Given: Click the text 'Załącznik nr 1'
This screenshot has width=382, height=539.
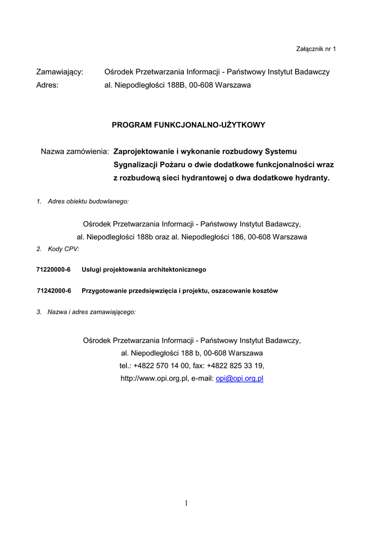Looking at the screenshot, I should click(x=317, y=49).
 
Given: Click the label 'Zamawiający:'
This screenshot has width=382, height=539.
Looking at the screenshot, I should click(x=60, y=72).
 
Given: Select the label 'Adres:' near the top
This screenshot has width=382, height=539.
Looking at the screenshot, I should click(x=47, y=85).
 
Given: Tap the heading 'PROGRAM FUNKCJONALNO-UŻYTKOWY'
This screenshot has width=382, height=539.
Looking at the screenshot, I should click(x=188, y=125).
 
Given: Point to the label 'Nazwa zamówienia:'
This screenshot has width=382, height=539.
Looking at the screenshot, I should click(x=75, y=152).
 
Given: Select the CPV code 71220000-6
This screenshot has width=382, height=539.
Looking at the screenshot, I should click(x=53, y=269).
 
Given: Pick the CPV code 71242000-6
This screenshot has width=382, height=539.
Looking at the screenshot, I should click(x=54, y=291).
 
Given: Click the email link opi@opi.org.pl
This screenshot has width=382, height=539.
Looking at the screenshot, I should click(x=240, y=378).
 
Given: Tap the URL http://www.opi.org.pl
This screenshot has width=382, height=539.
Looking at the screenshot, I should click(x=154, y=378).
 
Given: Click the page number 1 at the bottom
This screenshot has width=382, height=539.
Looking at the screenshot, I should click(x=187, y=504).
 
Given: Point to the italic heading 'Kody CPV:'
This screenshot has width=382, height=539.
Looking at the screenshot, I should click(x=63, y=249).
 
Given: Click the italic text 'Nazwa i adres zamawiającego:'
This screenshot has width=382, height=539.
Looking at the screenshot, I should click(x=92, y=312).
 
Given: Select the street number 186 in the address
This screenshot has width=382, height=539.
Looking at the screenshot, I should click(x=240, y=237).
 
